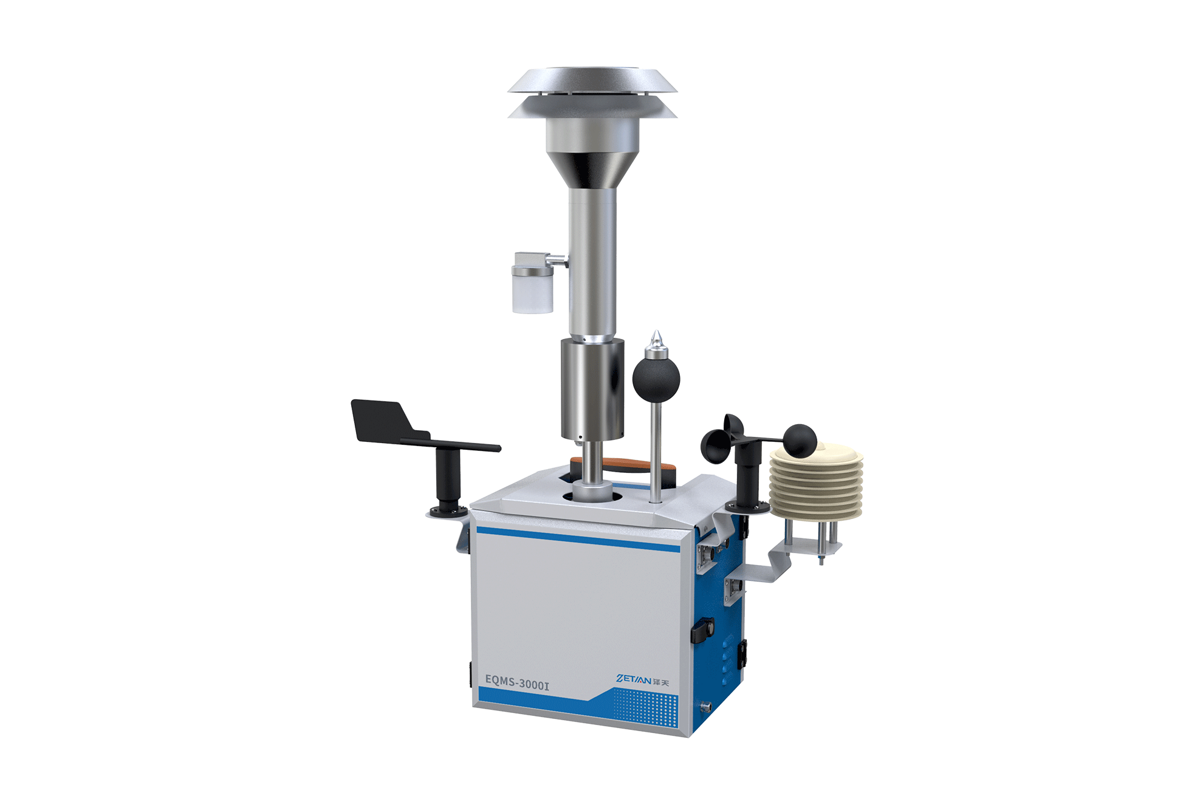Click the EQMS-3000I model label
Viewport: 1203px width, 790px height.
[517, 682]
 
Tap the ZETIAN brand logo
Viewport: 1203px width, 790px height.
[643, 679]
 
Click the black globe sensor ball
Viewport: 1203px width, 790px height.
[656, 378]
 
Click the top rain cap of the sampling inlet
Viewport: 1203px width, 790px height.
[592, 80]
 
